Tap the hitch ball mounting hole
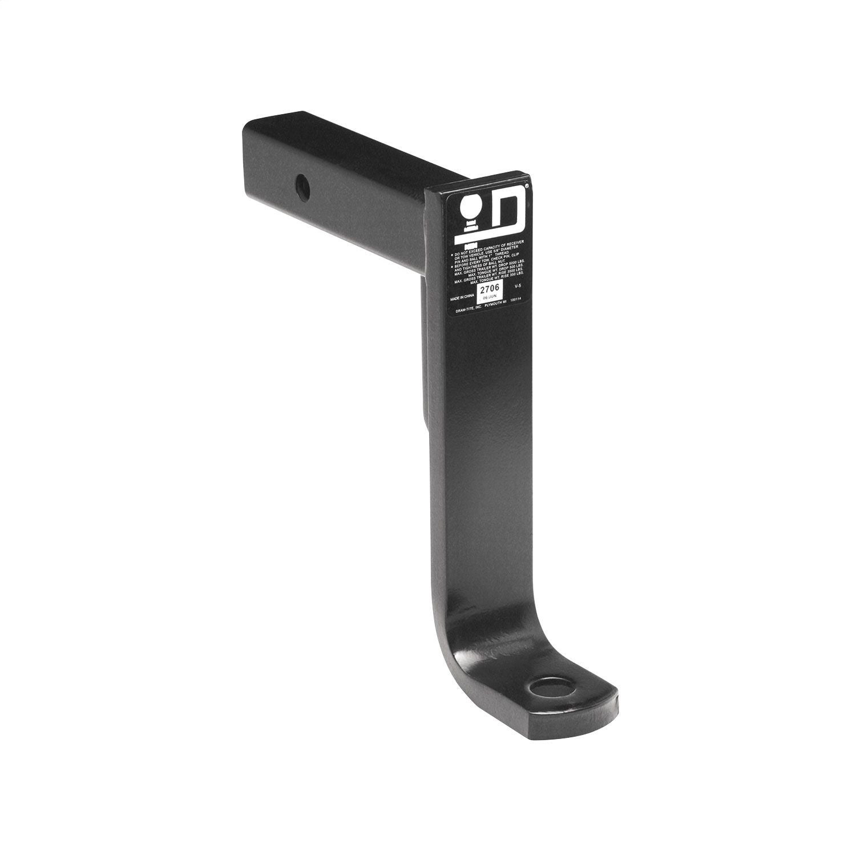(x=548, y=688)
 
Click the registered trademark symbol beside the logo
(x=526, y=186)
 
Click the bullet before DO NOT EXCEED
(x=452, y=252)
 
